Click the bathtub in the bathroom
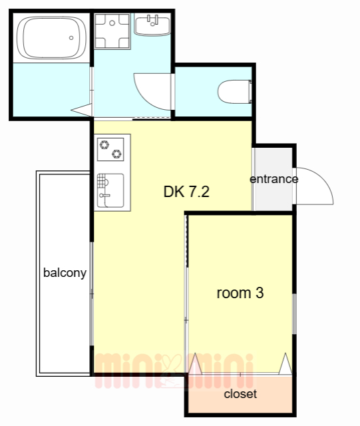pos(52,37)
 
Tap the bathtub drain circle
pos(71,38)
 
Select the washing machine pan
pos(112,31)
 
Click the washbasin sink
pos(152,26)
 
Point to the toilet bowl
pos(235,92)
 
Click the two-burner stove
pos(110,149)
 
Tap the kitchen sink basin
pos(110,191)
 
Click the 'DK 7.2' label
pos(186,192)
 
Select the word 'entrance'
pos(274,179)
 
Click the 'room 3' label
pos(240,293)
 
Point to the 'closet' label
pos(240,394)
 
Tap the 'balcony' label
pos(65,273)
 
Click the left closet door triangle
pos(195,364)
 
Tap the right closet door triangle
pos(286,364)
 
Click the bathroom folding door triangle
pos(81,110)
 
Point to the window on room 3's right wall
pos(294,314)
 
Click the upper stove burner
pos(104,144)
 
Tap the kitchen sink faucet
pos(104,195)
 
